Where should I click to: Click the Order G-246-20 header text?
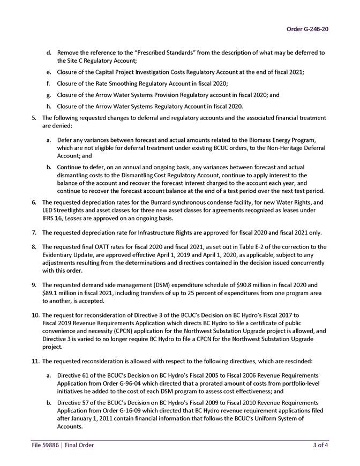tap(307, 28)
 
